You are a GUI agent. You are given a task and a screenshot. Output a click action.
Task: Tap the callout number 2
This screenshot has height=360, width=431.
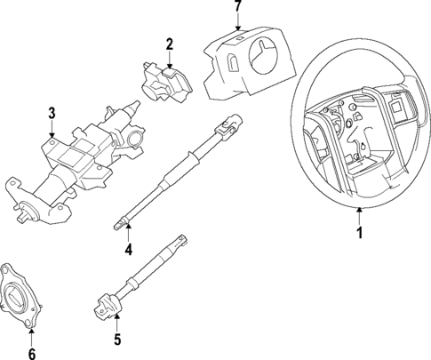[169, 44]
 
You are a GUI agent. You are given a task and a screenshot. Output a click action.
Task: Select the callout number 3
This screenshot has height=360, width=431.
[52, 113]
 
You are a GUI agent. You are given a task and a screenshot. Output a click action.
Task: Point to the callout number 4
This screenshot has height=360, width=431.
[128, 250]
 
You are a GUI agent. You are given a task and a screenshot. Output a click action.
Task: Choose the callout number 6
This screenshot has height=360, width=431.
[32, 355]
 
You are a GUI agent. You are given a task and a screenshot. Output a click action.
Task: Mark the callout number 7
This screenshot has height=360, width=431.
[236, 7]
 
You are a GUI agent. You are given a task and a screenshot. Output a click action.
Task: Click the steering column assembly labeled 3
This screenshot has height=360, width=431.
[80, 160]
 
